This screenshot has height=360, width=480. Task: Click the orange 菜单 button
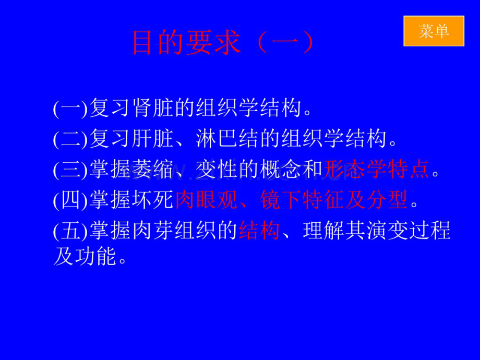(434, 31)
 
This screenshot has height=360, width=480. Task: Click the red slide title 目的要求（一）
(223, 44)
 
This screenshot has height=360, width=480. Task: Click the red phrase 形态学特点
(377, 169)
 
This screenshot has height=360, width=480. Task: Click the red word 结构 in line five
(260, 231)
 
